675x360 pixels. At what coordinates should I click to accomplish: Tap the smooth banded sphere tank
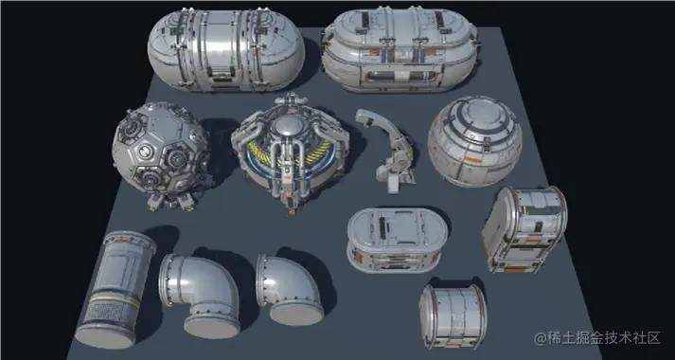(475, 141)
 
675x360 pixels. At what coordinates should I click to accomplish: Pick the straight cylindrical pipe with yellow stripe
(115, 289)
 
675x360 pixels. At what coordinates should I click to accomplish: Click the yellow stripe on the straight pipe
(115, 299)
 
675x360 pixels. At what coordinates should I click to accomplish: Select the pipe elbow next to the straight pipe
(200, 293)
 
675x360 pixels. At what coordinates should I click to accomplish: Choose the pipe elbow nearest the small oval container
(290, 289)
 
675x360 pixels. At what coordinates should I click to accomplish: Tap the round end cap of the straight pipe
(105, 336)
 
